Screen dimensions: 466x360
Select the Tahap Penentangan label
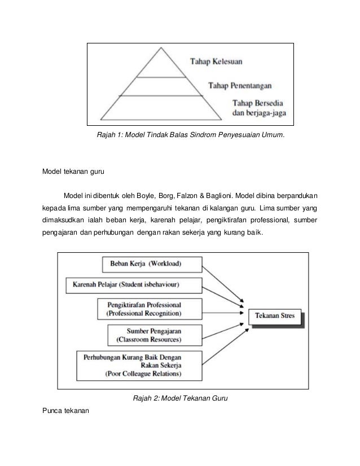coord(242,86)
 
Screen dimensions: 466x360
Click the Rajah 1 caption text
coord(191,135)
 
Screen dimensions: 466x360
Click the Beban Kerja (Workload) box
coord(146,263)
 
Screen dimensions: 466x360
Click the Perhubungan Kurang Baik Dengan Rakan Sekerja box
coord(140,365)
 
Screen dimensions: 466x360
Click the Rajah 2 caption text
coord(180,400)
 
